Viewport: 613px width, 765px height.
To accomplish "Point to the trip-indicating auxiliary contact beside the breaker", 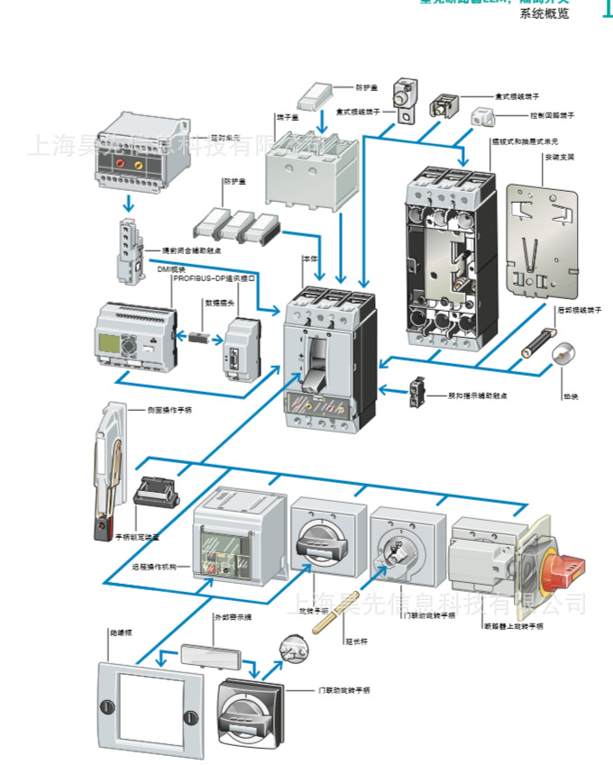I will click(417, 390).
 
